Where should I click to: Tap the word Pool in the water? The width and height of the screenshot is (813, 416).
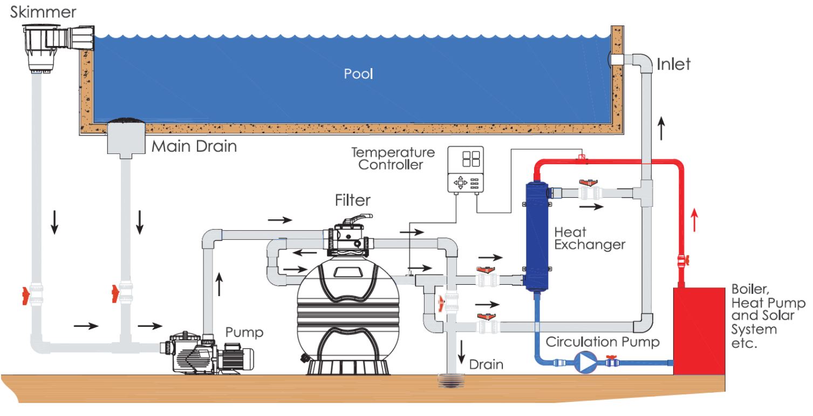click(359, 73)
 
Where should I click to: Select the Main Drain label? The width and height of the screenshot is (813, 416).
click(194, 146)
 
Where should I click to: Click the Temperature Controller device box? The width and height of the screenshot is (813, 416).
click(466, 170)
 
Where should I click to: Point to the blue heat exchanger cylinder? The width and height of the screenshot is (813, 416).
click(537, 236)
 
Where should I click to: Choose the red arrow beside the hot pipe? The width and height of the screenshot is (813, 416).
click(694, 220)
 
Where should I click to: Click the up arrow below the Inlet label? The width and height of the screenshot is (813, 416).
click(661, 129)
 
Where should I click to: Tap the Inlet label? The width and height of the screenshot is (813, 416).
click(674, 65)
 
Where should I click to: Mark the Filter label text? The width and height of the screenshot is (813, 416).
click(353, 200)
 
